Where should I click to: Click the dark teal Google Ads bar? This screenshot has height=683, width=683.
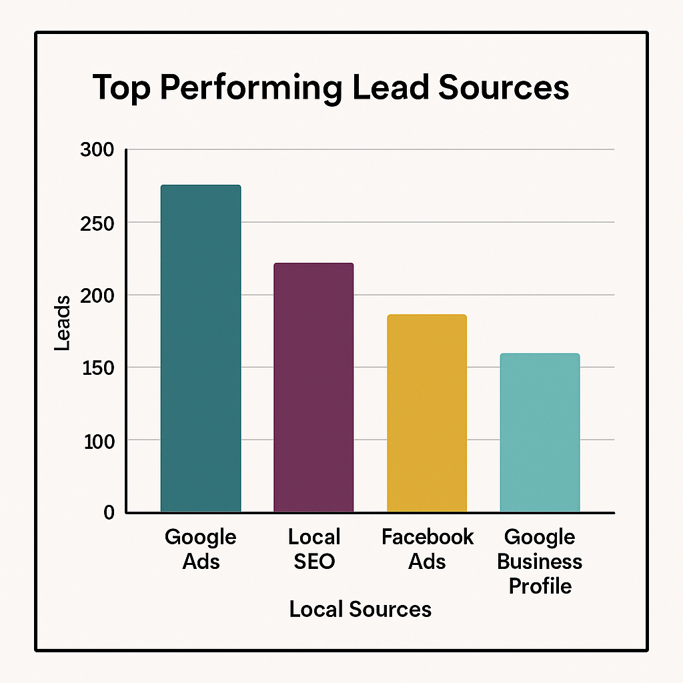point(200,348)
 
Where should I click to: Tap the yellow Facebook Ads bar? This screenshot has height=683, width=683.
point(427,414)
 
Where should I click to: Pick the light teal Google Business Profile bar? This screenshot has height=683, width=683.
point(540,432)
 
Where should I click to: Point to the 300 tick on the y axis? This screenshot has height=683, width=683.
point(97,150)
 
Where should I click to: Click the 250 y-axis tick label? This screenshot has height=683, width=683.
point(97,222)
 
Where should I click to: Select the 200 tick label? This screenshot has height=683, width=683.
point(97,295)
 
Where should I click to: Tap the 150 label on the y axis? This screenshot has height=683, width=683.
point(97,368)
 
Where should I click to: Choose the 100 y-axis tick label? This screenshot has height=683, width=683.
point(97,440)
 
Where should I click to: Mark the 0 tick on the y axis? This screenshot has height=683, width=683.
point(109,512)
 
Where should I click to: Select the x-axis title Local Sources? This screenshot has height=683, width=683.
point(360,608)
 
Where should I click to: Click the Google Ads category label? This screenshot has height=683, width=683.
point(200,548)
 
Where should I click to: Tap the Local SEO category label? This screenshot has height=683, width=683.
point(314,548)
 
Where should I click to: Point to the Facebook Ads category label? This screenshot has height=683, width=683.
point(428,548)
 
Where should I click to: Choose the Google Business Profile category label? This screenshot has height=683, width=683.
point(540,561)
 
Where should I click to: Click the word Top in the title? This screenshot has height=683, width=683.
point(119,89)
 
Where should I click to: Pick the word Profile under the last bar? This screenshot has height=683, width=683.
point(540,586)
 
